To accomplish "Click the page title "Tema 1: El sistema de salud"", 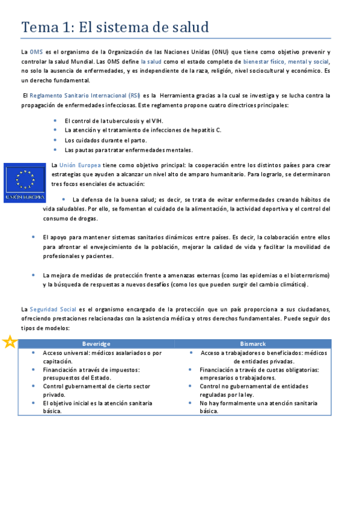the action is pos(115,27).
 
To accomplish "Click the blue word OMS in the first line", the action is pos(36,52).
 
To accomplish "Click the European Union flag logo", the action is pos(25,182).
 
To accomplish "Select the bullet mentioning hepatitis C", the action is pos(142,130).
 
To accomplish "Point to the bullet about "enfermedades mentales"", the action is pos(128,150).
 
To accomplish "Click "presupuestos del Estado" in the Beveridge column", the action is pos(74,378).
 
